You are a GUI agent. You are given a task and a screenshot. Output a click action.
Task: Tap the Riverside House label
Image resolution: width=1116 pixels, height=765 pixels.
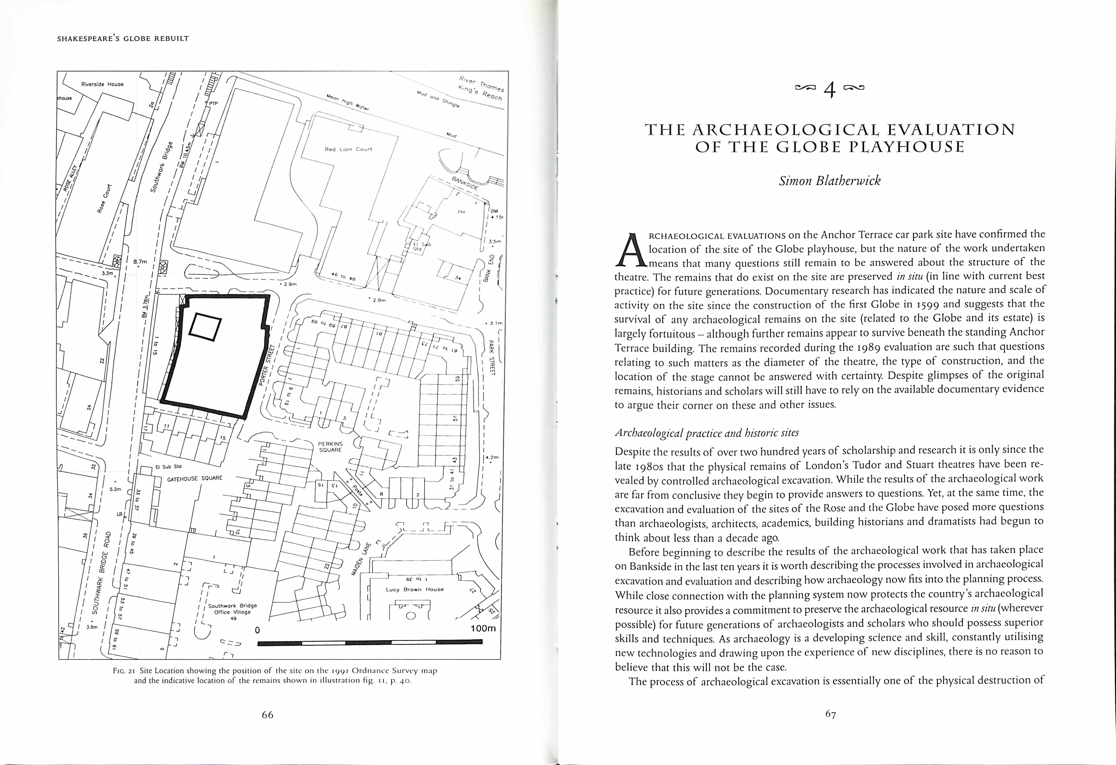click(x=102, y=84)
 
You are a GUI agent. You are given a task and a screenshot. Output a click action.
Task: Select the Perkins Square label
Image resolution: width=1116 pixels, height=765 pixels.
click(x=330, y=447)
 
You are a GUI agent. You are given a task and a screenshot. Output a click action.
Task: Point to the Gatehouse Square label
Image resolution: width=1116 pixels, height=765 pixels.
click(x=194, y=479)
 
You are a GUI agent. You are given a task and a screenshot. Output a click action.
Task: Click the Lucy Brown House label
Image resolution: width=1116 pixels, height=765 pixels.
click(x=415, y=589)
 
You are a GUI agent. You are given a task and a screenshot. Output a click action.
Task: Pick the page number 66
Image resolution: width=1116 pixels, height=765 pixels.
click(x=267, y=715)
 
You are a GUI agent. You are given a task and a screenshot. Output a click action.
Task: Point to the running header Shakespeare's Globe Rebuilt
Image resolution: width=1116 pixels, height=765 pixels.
click(x=123, y=38)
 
